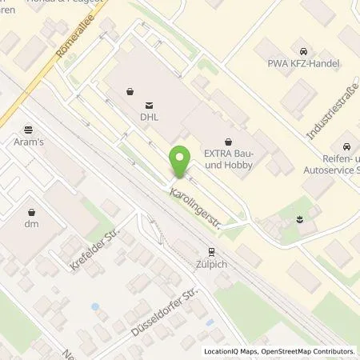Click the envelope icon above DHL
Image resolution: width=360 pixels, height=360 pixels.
point(149,104)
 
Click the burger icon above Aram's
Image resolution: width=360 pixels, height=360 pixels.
point(29,128)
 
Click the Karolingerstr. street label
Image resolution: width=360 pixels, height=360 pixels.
point(194,206)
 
